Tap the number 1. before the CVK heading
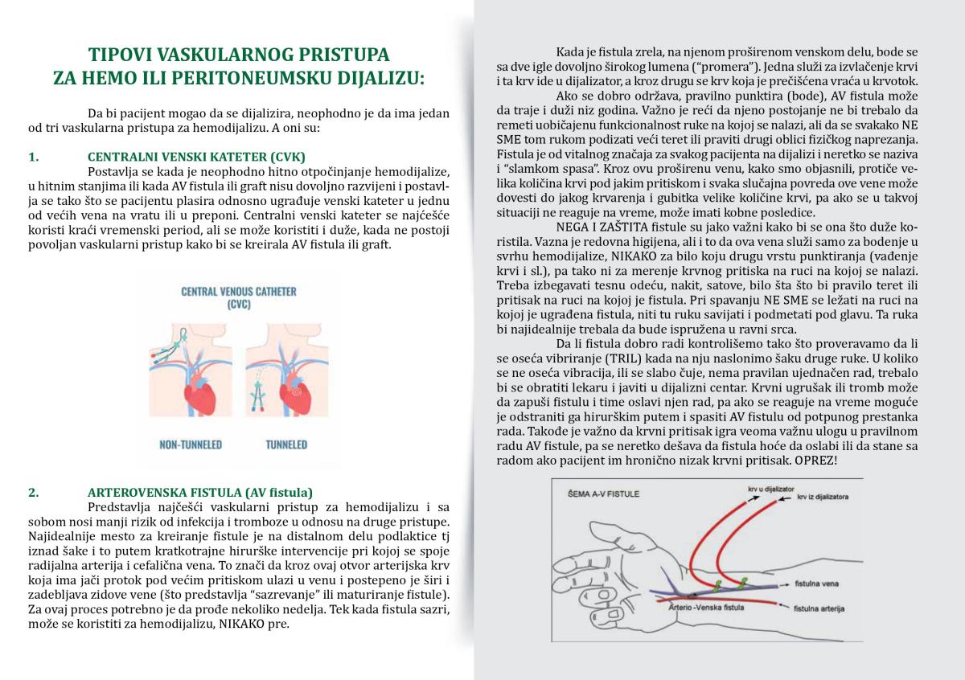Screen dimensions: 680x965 (32, 156)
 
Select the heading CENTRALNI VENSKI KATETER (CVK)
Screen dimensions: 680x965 (196, 156)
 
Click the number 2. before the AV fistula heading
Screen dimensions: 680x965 (33, 492)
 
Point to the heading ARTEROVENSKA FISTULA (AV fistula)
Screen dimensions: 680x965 (200, 492)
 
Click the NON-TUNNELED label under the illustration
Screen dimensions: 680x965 (191, 444)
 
